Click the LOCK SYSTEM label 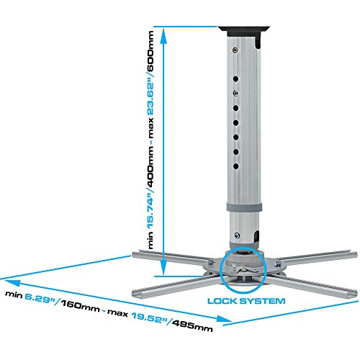(x=246, y=301)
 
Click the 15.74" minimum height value (x=150, y=211)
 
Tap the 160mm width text (x=80, y=306)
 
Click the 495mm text (x=192, y=326)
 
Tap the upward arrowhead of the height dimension (x=163, y=36)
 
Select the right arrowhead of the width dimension (x=224, y=319)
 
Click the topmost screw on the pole (x=235, y=50)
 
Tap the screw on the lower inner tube (x=237, y=235)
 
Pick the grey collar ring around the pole (x=244, y=207)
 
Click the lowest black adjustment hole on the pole (x=236, y=166)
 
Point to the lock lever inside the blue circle (x=244, y=269)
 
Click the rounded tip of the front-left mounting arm (x=135, y=293)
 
